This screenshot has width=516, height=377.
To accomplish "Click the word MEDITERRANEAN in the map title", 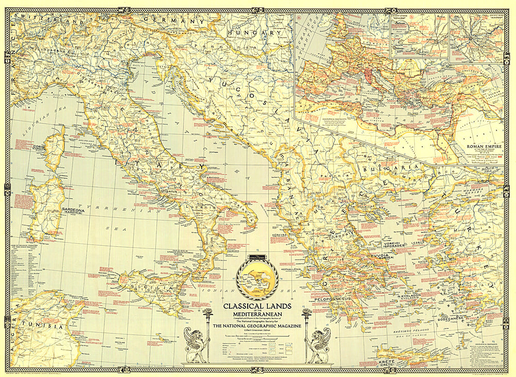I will [x=256, y=312].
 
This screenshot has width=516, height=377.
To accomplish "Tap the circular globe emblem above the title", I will [x=256, y=279].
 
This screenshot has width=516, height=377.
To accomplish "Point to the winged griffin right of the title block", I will [x=317, y=344].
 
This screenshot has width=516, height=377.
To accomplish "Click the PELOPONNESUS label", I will [x=334, y=299].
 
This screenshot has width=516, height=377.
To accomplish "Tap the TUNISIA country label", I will [x=44, y=328].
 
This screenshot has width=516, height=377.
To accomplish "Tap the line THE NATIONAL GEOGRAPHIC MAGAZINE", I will [x=256, y=326].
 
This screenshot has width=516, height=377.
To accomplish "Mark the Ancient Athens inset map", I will [x=419, y=35].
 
